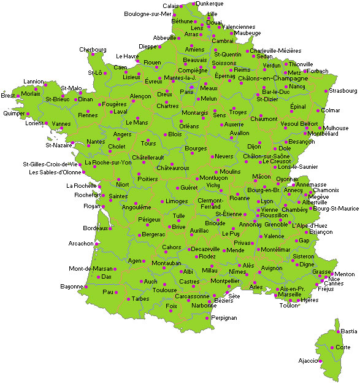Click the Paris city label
[x=186, y=92]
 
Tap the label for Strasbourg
[x=343, y=91]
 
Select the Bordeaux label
[x=95, y=228]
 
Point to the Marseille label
[x=289, y=295]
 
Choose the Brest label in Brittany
[x=8, y=95]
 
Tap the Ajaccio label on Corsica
[x=308, y=360]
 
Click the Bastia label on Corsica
[x=349, y=331]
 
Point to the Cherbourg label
[x=93, y=50]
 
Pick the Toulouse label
[x=164, y=290]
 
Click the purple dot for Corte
[x=332, y=347]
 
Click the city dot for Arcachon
[x=97, y=244]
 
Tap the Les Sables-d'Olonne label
[x=55, y=172]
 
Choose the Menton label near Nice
[x=345, y=274]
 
